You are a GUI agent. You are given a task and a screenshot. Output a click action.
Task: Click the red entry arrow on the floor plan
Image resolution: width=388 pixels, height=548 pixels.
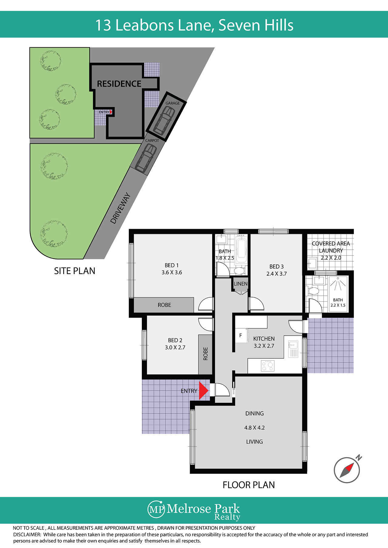point(203,390)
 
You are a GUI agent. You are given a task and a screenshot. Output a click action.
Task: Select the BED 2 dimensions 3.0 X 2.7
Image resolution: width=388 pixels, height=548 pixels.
point(175,347)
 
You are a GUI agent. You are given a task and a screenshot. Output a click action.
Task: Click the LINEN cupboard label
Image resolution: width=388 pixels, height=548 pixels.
point(241,284)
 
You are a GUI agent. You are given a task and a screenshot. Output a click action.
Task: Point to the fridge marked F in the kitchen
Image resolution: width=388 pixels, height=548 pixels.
point(241,335)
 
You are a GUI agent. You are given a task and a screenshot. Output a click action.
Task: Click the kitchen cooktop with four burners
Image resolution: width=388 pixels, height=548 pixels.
point(268,366)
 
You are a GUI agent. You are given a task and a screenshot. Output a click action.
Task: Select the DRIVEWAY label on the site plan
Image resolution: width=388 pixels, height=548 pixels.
point(121,208)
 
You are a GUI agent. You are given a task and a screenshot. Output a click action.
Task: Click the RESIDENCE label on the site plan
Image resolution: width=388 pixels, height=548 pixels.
point(119,84)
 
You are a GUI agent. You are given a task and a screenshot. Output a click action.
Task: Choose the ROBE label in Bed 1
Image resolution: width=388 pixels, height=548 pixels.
point(164,305)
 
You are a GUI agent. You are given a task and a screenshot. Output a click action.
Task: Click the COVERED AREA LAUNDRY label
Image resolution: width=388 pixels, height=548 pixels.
point(331,247)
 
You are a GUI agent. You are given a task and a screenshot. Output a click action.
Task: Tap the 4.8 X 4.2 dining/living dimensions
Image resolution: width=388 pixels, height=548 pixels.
point(254,428)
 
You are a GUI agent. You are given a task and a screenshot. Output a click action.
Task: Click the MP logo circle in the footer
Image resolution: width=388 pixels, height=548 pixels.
point(156,509)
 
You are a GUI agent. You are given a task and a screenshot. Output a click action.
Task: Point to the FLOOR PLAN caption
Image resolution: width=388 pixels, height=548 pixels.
point(249,485)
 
